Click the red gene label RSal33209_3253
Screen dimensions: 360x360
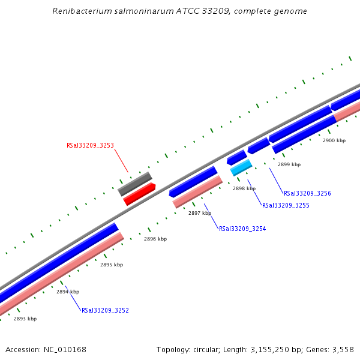(90, 145)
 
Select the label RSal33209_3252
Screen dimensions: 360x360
(105, 310)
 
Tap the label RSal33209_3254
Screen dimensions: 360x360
(242, 229)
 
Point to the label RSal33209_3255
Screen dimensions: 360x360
(286, 205)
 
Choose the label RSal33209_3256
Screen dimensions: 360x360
(307, 193)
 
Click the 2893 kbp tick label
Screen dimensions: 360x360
(25, 319)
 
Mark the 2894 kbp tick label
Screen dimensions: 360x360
(68, 292)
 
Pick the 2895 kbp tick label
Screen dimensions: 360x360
(112, 265)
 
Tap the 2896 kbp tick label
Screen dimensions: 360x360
(155, 239)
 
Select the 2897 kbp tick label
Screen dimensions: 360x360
(200, 213)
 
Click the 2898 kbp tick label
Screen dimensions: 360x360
(244, 188)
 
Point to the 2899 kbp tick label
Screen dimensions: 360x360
(289, 164)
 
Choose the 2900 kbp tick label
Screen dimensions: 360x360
(334, 140)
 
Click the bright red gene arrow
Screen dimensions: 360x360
(140, 194)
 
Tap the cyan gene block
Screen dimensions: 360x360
(241, 167)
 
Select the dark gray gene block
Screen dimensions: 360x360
(135, 184)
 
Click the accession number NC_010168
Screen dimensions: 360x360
(65, 349)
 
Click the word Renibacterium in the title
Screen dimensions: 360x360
(81, 11)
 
